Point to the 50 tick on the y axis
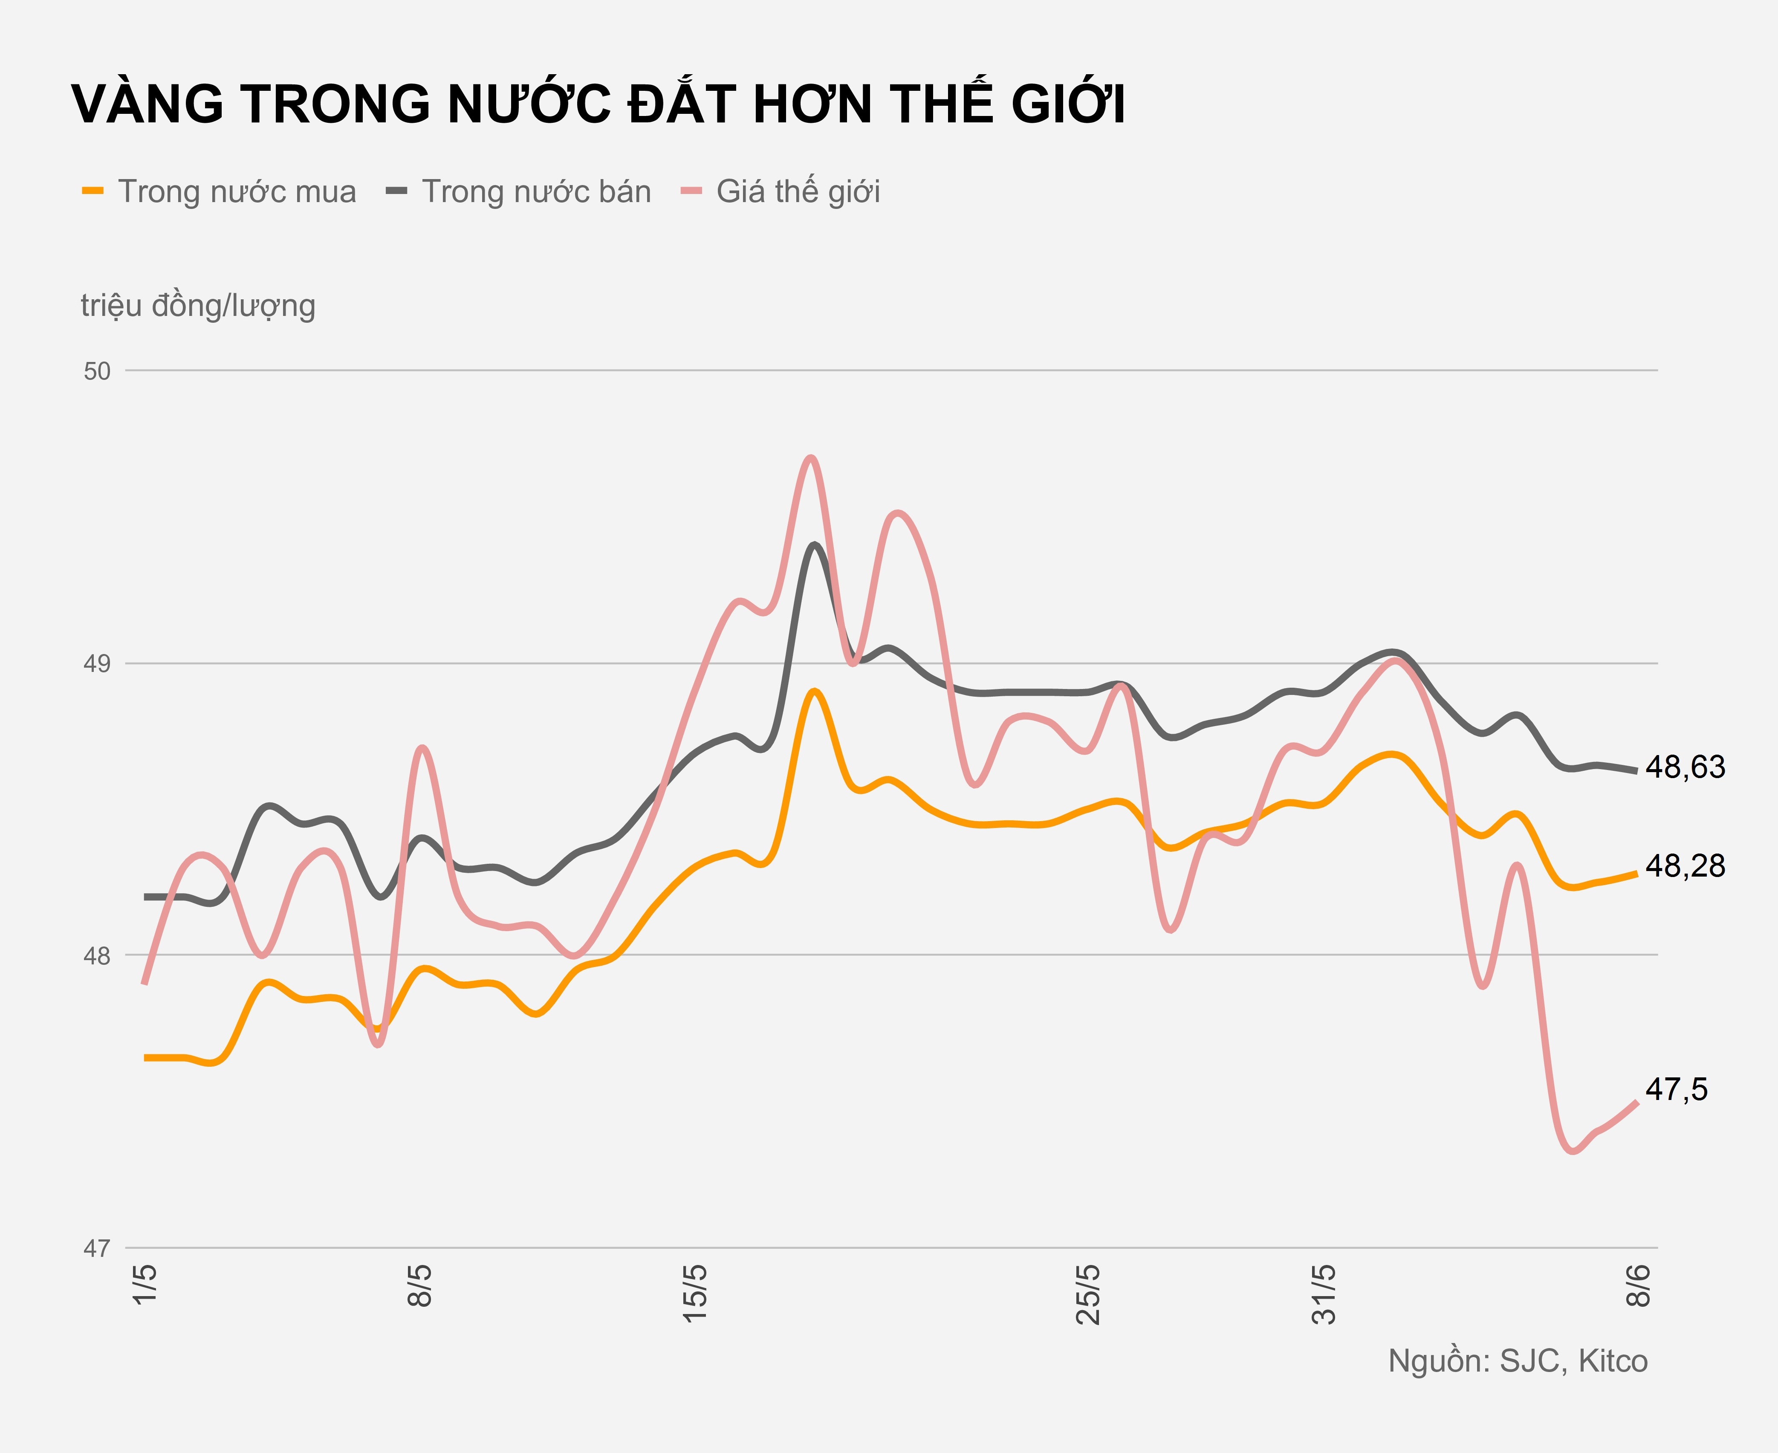(97, 371)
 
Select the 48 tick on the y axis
(97, 956)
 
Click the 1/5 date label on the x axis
(145, 1285)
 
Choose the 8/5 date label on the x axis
(420, 1285)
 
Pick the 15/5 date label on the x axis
(695, 1293)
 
